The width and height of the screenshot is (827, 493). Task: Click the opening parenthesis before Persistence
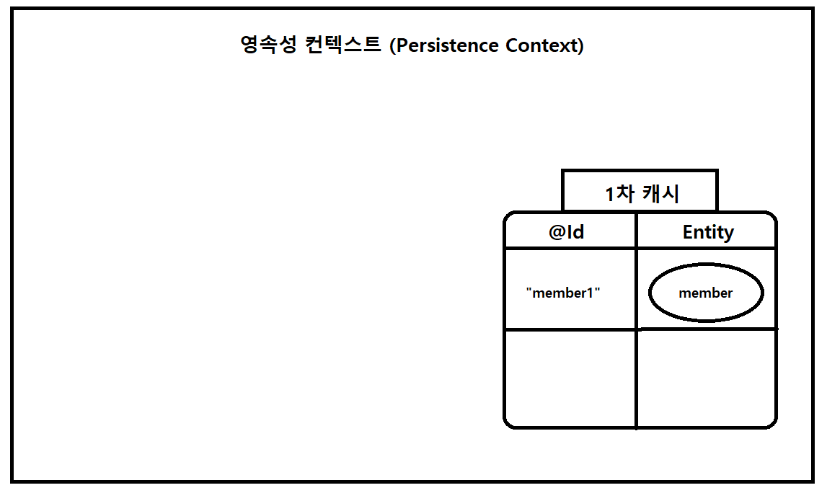392,46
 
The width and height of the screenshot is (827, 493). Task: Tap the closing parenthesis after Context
580,46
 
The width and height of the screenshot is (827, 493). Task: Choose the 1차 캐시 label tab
640,191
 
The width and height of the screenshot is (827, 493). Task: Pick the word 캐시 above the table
660,194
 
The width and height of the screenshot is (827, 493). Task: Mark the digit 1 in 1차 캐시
610,194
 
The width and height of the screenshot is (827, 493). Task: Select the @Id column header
566,232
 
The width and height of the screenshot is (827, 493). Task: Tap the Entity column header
707,232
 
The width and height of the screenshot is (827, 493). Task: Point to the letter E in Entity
688,232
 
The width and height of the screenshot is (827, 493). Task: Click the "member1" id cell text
563,293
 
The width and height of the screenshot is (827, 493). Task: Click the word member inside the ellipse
705,293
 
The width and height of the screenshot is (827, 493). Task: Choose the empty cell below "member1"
570,378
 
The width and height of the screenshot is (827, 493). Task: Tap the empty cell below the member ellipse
706,378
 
